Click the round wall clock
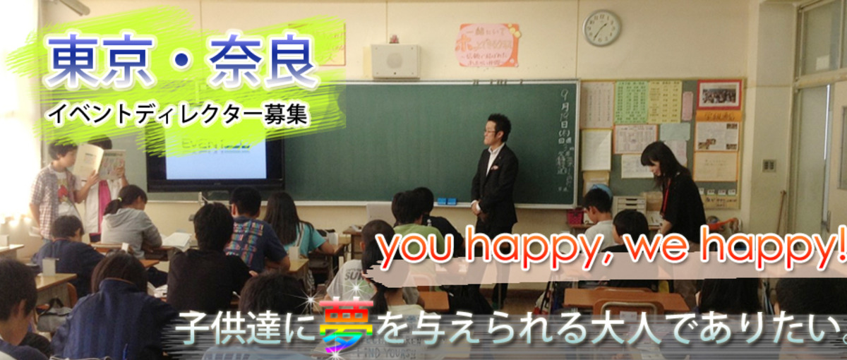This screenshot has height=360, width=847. tap(601, 28)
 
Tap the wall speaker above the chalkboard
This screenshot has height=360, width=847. tap(395, 61)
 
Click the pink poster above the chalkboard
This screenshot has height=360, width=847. tap(488, 44)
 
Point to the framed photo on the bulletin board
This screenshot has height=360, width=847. tap(719, 94)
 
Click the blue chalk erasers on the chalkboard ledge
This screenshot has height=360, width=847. tap(446, 201)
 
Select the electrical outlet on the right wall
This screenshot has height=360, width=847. tap(768, 166)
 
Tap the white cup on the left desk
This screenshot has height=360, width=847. tap(49, 266)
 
